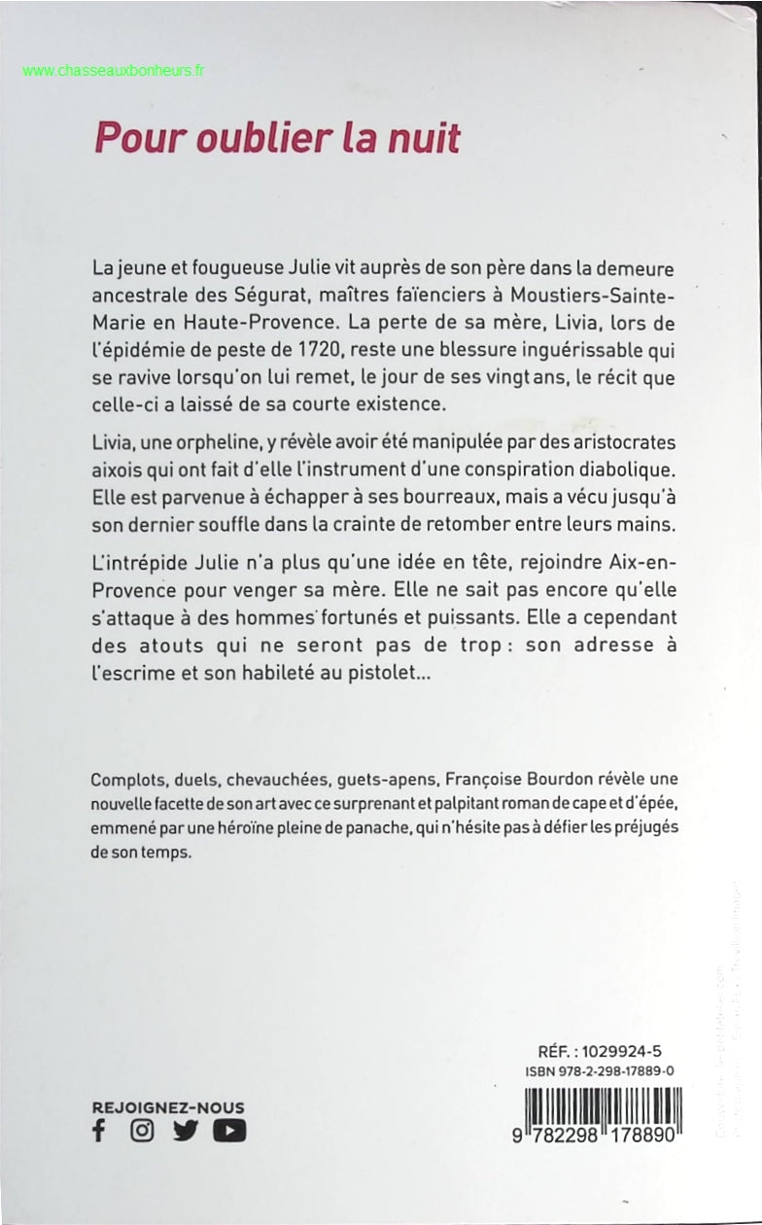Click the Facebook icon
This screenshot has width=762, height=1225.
pos(98,1131)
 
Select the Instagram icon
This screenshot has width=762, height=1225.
pos(142,1131)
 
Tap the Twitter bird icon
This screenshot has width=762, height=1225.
pos(184,1131)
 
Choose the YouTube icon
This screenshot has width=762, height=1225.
pos(229,1131)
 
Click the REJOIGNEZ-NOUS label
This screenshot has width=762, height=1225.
pos(168,1107)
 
